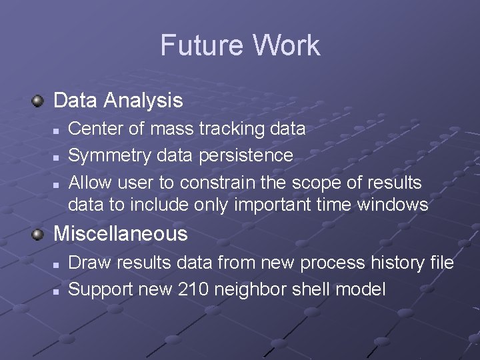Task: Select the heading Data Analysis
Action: [x=117, y=101]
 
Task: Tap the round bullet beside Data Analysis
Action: [x=39, y=101]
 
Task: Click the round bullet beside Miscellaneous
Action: [x=39, y=233]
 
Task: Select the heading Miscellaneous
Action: [x=120, y=234]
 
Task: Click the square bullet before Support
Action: [x=57, y=291]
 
